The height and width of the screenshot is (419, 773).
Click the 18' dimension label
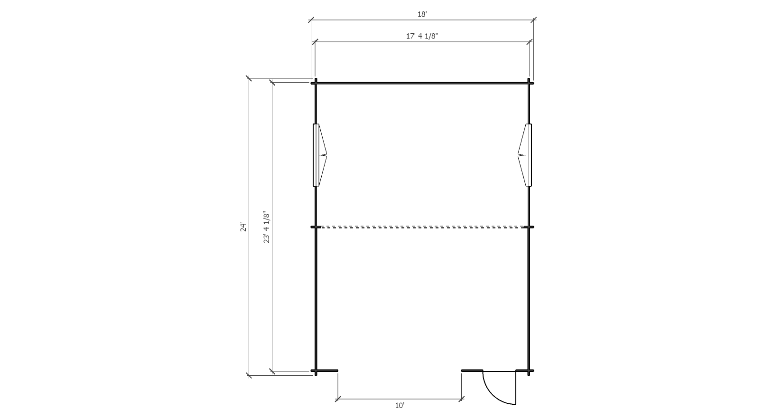pyautogui.click(x=422, y=14)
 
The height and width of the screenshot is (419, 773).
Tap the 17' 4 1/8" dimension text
pyautogui.click(x=422, y=36)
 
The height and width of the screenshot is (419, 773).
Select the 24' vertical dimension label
pyautogui.click(x=243, y=227)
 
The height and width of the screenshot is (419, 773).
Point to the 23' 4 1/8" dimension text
pyautogui.click(x=266, y=227)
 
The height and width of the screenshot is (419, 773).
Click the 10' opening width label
pyautogui.click(x=400, y=406)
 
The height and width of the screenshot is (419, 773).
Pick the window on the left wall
pyautogui.click(x=319, y=155)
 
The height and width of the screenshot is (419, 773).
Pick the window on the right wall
pyautogui.click(x=525, y=155)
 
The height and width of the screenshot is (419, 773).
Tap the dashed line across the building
pyautogui.click(x=422, y=227)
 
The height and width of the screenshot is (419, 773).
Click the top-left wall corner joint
pyautogui.click(x=316, y=83)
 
